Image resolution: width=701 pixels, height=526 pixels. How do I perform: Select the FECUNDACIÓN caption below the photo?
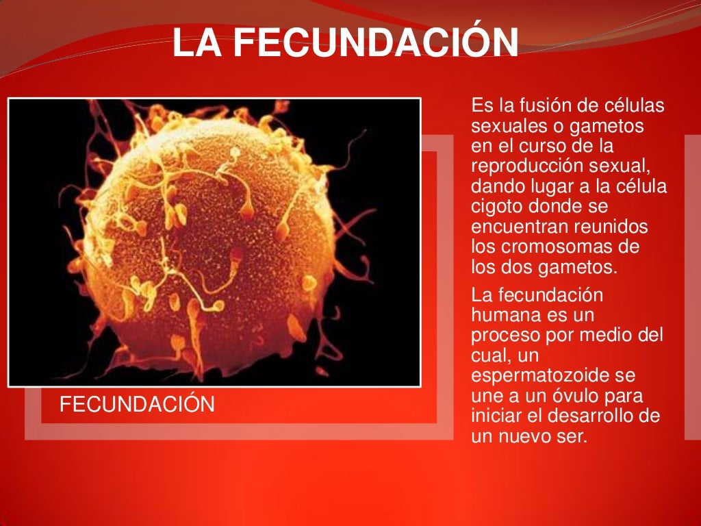click(137, 405)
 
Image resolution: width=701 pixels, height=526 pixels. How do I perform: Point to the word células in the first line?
click(636, 106)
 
